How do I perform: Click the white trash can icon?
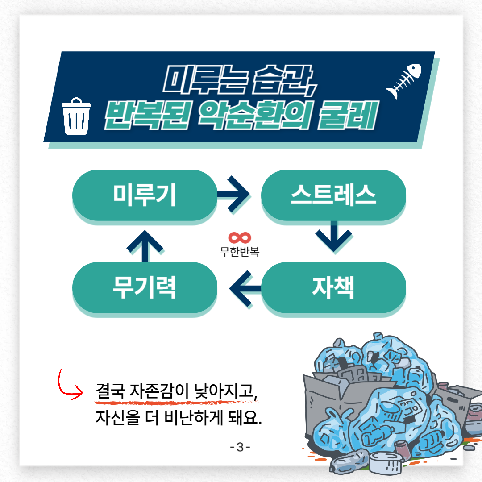pyautogui.click(x=76, y=116)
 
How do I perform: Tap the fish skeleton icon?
pyautogui.click(x=404, y=81)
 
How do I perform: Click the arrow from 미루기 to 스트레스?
pyautogui.click(x=233, y=194)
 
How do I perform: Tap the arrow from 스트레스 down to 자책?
pyautogui.click(x=334, y=236)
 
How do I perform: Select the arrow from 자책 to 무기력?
pyautogui.click(x=245, y=288)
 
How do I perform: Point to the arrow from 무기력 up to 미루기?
pyautogui.click(x=145, y=246)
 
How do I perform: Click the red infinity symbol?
pyautogui.click(x=240, y=237)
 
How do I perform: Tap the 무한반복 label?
pyautogui.click(x=240, y=252)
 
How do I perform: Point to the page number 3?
pyautogui.click(x=240, y=447)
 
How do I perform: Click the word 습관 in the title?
pyautogui.click(x=282, y=79)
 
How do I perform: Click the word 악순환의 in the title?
pyautogui.click(x=254, y=115)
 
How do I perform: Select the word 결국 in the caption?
pyautogui.click(x=110, y=391)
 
